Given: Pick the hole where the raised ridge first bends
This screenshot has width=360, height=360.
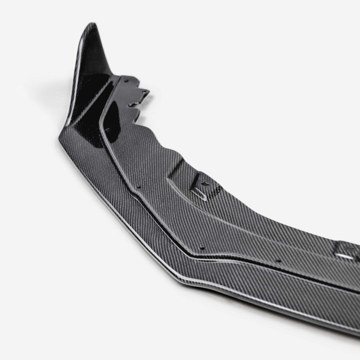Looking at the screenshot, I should pyautogui.click(x=139, y=187).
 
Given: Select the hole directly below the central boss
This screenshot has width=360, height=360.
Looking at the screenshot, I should pyautogui.click(x=202, y=248).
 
